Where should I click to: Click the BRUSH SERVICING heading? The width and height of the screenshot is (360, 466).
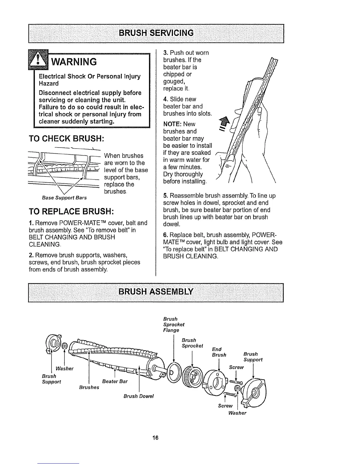click(x=156, y=33)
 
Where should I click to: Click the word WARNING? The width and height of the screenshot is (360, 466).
click(x=74, y=62)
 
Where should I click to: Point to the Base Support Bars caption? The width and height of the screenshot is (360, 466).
click(x=64, y=198)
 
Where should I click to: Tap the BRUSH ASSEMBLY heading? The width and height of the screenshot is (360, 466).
click(x=156, y=292)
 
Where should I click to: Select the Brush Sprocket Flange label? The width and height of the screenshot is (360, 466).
click(x=174, y=324)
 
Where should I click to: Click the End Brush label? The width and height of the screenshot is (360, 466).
click(x=219, y=352)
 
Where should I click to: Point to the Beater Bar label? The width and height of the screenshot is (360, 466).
click(x=115, y=382)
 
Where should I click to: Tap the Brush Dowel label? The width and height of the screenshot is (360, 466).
click(x=139, y=396)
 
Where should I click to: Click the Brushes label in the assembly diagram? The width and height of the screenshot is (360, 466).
click(x=89, y=387)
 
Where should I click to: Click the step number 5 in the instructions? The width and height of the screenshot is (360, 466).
click(x=165, y=196)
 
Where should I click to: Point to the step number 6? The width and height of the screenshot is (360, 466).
click(x=165, y=235)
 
